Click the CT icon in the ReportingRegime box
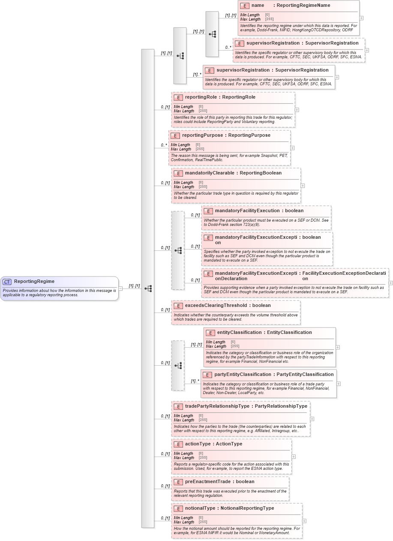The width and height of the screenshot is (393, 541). [7, 282]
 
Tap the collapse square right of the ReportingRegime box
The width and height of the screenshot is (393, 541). [120, 289]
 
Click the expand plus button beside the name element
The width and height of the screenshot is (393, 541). [362, 18]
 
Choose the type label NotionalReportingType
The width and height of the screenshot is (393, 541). [247, 508]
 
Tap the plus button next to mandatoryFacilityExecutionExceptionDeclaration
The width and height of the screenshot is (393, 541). [391, 283]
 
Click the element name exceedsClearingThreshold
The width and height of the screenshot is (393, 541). [216, 306]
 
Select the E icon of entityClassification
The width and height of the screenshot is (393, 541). [210, 333]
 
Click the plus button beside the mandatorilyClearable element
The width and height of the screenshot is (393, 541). [303, 186]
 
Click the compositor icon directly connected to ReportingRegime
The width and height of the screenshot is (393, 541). [148, 289]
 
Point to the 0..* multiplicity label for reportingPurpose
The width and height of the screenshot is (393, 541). [164, 145]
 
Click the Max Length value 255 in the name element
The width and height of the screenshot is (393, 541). [269, 19]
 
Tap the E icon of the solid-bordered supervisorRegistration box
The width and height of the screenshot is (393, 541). [209, 70]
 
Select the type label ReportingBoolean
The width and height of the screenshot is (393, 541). [261, 173]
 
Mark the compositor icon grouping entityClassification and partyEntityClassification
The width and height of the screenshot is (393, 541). [178, 366]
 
